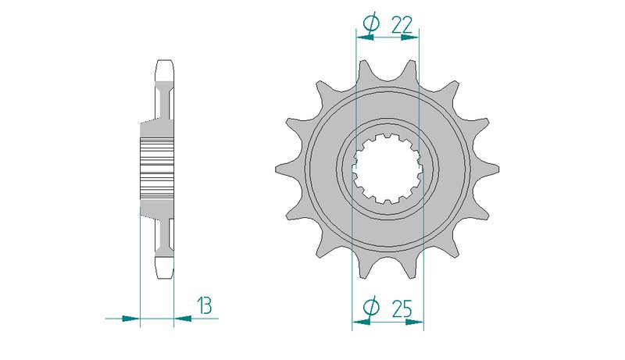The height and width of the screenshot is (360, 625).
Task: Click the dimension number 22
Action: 402,26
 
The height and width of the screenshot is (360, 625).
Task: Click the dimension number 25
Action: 402,308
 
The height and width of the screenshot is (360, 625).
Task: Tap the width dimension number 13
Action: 205,306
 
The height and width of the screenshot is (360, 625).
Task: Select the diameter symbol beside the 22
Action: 371,23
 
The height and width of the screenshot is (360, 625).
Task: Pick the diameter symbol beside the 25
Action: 371,308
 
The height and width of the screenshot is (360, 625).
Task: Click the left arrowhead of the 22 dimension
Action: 365,37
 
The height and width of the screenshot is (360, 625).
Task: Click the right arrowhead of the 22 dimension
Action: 410,37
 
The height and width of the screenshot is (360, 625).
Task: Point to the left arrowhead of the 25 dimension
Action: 361,322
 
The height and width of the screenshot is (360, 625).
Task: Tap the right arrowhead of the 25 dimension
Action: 415,322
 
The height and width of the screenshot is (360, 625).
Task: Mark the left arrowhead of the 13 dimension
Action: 131,319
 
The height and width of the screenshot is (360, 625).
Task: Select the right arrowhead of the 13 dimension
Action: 183,319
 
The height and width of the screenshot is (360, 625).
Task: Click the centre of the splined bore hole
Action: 387,169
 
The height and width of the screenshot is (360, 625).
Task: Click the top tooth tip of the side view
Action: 165,61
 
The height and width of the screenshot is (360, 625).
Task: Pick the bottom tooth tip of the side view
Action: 165,278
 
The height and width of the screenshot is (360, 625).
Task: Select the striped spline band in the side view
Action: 157,169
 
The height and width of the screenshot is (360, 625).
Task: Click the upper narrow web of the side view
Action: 165,104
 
